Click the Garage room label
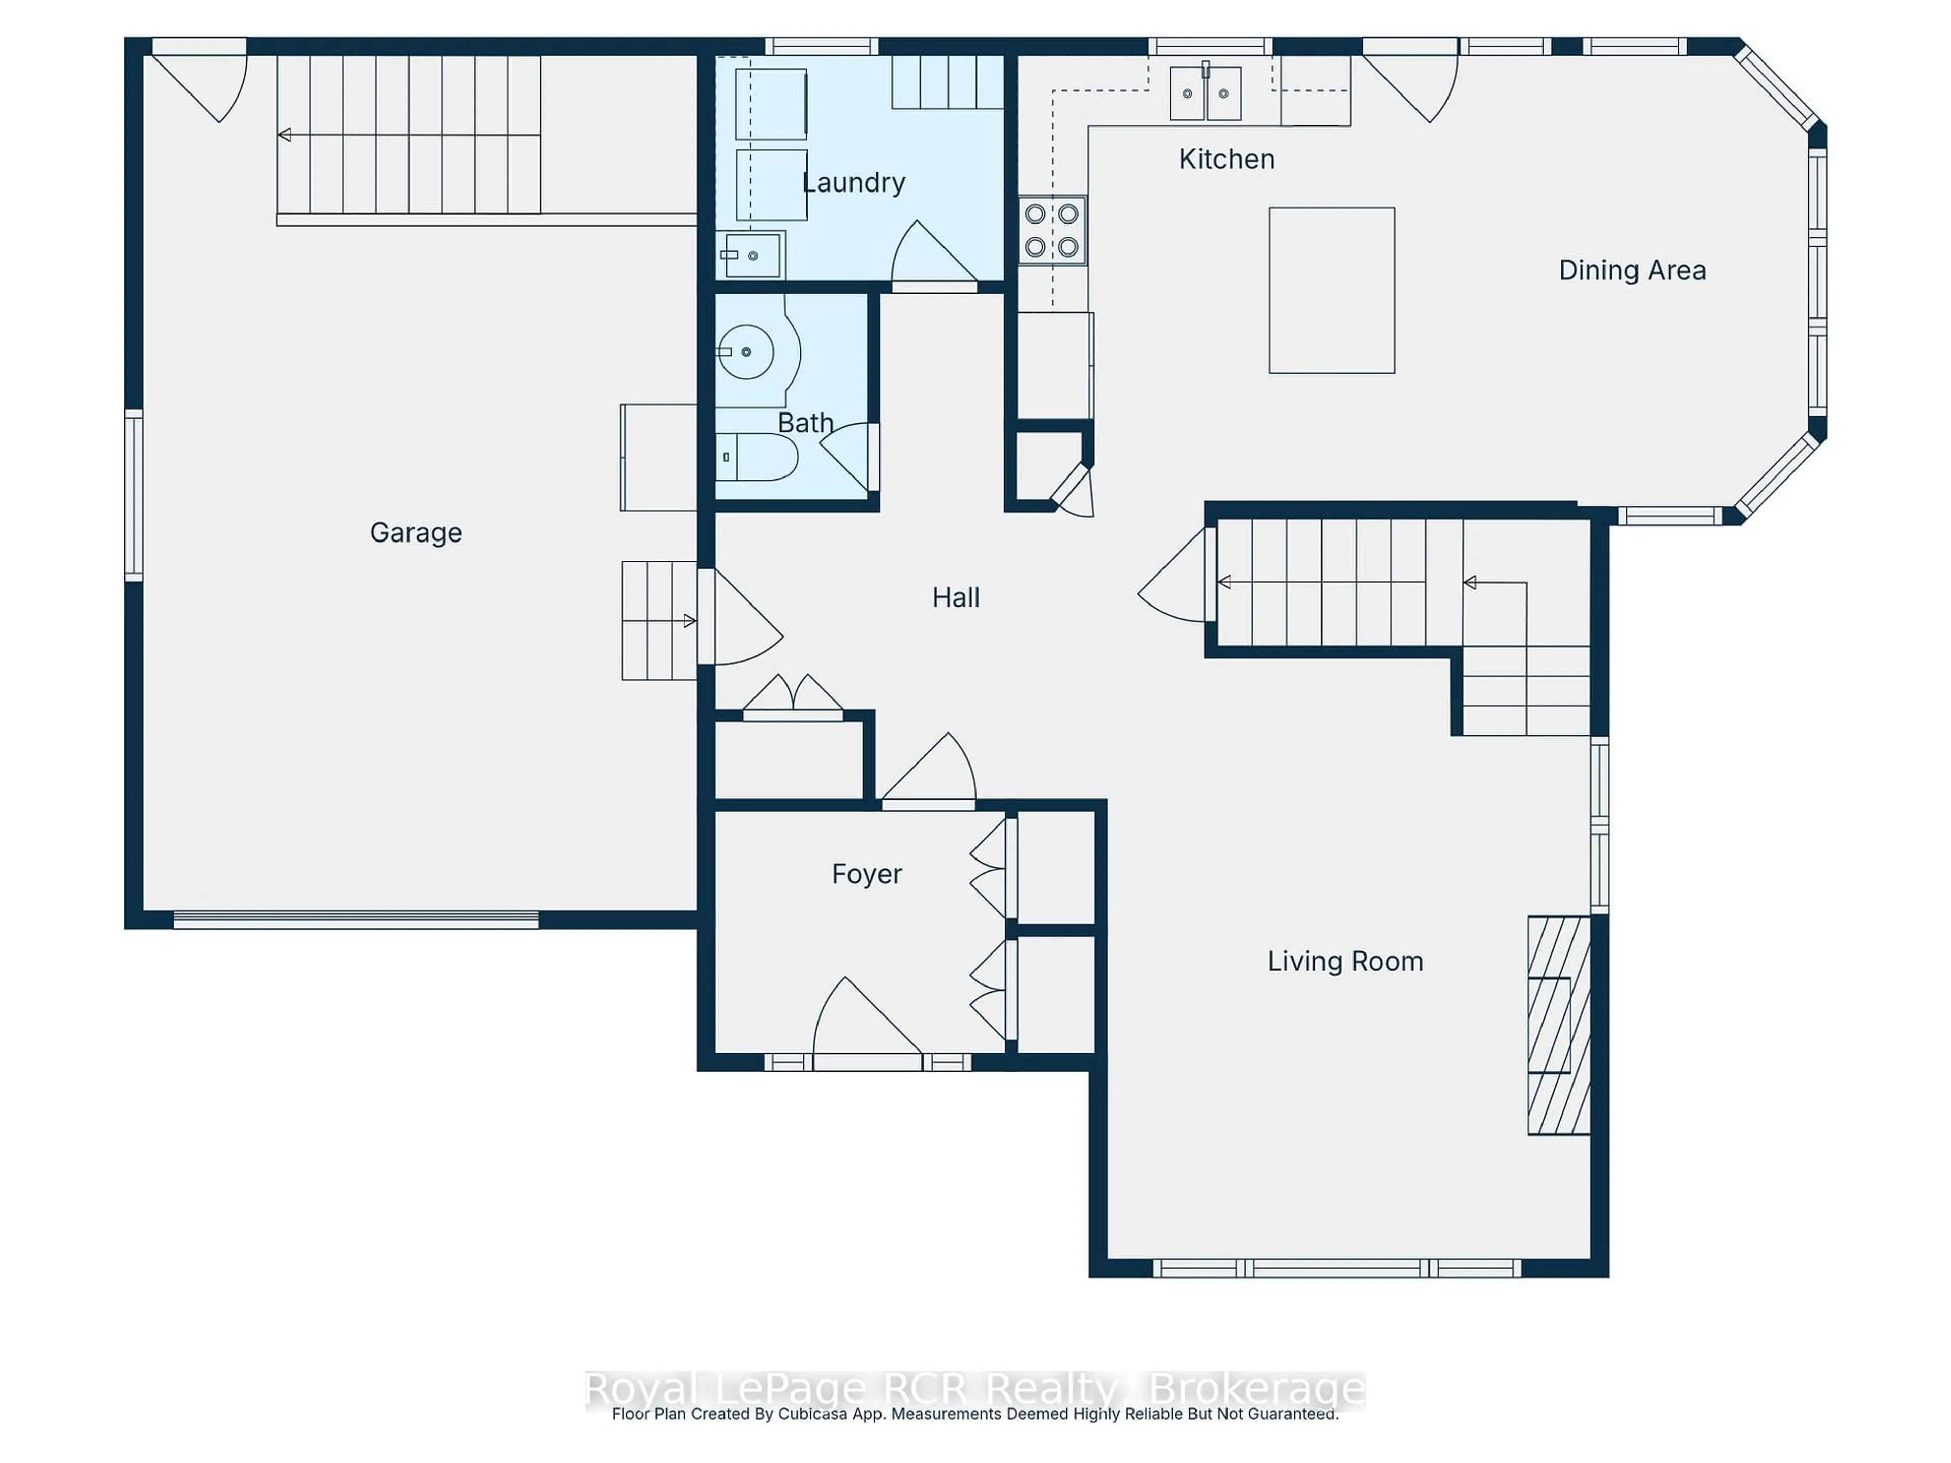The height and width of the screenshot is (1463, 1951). coord(416,533)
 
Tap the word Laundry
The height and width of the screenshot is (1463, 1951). coord(854,182)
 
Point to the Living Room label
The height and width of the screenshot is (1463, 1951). coord(1344,961)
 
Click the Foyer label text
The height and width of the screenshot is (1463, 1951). coord(866,874)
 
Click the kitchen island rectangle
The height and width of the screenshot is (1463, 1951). coord(1331,290)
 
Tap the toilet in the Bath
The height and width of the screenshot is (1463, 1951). coord(756,457)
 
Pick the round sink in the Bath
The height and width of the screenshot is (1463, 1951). coord(746,352)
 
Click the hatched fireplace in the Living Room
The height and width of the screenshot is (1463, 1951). coord(1558,1025)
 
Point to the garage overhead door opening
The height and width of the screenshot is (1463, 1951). coord(356,920)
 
